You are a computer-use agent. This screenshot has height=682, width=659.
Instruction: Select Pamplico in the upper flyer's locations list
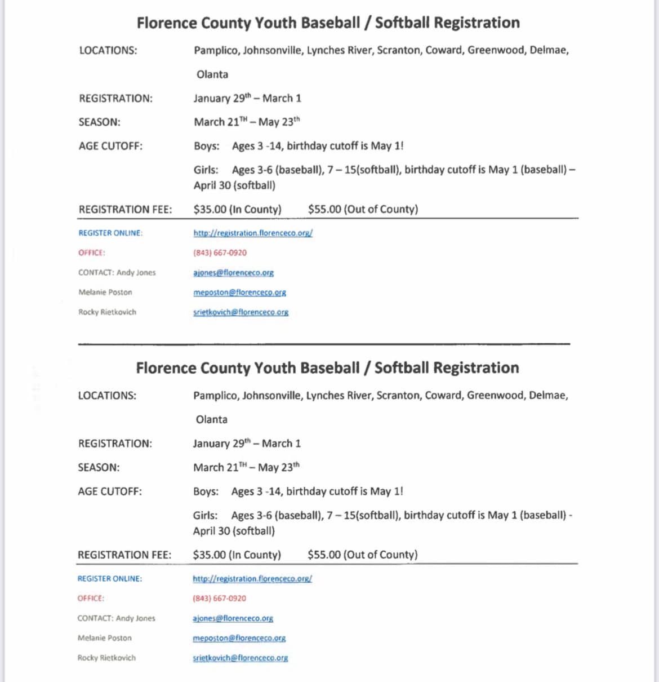pyautogui.click(x=216, y=51)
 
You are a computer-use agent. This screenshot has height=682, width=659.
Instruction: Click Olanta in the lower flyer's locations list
pyautogui.click(x=211, y=419)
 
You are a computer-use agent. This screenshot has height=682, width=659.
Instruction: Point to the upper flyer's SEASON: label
pyautogui.click(x=100, y=122)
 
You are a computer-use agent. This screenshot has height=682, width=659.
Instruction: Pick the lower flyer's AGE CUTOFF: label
pyautogui.click(x=110, y=491)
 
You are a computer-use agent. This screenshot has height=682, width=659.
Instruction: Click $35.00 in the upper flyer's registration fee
pyautogui.click(x=210, y=210)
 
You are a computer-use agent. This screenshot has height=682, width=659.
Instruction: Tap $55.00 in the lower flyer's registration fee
pyautogui.click(x=324, y=555)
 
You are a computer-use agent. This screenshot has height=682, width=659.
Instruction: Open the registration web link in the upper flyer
pyautogui.click(x=253, y=233)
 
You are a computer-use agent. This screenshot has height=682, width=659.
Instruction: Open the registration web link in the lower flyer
pyautogui.click(x=252, y=579)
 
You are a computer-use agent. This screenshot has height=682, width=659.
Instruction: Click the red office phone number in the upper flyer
pyautogui.click(x=220, y=253)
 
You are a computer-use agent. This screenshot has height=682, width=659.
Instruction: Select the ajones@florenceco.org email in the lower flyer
pyautogui.click(x=233, y=618)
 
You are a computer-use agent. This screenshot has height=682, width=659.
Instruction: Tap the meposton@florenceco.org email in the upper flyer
pyautogui.click(x=239, y=293)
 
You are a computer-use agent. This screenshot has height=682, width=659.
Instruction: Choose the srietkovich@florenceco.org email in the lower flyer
pyautogui.click(x=240, y=658)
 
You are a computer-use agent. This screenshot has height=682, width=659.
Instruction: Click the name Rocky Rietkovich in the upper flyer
pyautogui.click(x=107, y=312)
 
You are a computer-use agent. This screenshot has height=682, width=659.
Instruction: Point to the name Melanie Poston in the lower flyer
pyautogui.click(x=104, y=638)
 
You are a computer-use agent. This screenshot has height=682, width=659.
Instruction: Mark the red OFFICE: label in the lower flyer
pyautogui.click(x=91, y=599)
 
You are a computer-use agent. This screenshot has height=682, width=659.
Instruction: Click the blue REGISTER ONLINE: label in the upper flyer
pyautogui.click(x=110, y=233)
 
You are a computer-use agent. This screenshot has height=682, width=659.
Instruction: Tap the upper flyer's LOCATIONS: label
pyautogui.click(x=108, y=51)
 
